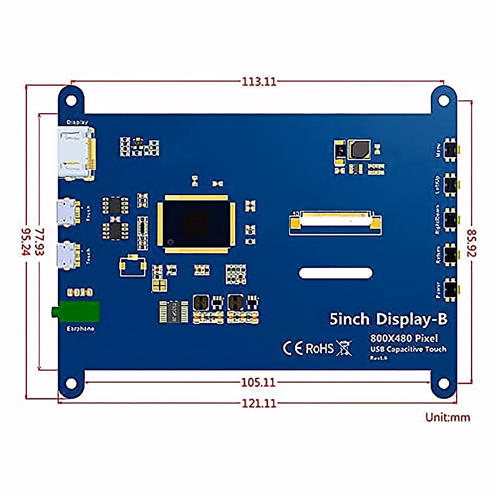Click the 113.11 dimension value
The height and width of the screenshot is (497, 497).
pyautogui.click(x=259, y=82)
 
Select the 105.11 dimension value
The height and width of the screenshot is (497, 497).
pyautogui.click(x=258, y=382)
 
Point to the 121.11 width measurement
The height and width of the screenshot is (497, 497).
pyautogui.click(x=259, y=403)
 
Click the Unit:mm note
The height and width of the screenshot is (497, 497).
pyautogui.click(x=448, y=417)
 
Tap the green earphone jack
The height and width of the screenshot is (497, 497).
pyautogui.click(x=77, y=311)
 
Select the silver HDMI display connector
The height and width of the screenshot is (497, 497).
pyautogui.click(x=76, y=153)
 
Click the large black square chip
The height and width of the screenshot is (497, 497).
pyautogui.click(x=196, y=224)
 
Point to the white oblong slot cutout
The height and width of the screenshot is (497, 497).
pyautogui.click(x=335, y=273)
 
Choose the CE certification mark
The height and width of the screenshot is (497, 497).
pyautogui.click(x=293, y=348)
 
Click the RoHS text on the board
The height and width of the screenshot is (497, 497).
pyautogui.click(x=320, y=348)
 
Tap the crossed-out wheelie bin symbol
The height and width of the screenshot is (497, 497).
pyautogui.click(x=344, y=348)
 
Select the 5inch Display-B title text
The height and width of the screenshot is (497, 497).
pyautogui.click(x=388, y=319)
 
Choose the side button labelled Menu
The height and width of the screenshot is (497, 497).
pyautogui.click(x=450, y=150)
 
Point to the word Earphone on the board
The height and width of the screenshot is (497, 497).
pyautogui.click(x=80, y=329)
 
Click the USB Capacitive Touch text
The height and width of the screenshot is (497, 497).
pyautogui.click(x=408, y=349)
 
